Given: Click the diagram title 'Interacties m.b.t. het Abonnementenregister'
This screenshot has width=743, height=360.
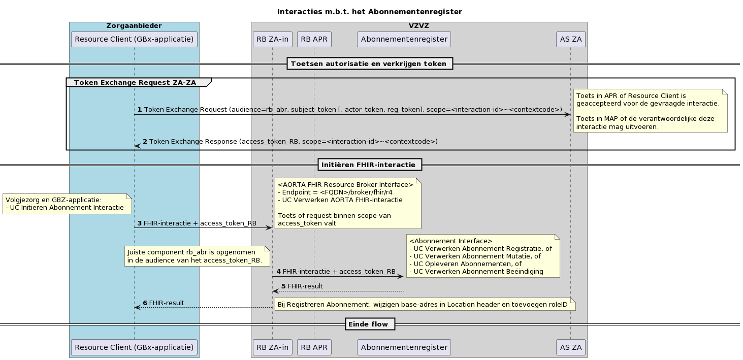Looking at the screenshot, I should tap(369, 11).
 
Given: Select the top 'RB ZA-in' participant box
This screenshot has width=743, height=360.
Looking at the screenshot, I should tap(272, 39).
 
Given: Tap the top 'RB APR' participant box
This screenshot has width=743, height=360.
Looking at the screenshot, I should tap(314, 39).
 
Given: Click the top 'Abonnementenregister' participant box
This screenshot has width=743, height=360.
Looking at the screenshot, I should tap(404, 39).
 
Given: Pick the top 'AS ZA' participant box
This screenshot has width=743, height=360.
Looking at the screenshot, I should tap(570, 39).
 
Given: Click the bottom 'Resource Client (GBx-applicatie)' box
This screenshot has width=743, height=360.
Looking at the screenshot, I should tap(134, 347).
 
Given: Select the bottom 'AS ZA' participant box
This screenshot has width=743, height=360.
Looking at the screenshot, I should tap(570, 347).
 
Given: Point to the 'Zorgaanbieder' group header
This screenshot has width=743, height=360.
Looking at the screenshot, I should tap(134, 25).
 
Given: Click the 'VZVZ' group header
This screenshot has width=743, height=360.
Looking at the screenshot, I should tap(418, 25).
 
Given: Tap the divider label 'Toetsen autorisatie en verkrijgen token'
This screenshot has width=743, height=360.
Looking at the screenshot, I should tap(369, 63).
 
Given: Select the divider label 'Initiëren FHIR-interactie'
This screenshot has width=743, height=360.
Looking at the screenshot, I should tap(369, 165).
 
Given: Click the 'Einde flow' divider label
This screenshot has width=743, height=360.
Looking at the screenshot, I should tap(369, 324).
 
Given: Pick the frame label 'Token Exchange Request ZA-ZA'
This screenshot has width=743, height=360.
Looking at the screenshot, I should tap(135, 82).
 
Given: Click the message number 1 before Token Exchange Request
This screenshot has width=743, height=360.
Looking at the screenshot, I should tap(140, 110).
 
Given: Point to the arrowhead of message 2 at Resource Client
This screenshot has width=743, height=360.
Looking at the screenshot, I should tap(137, 146).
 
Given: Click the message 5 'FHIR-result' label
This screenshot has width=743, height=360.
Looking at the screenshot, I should tap(305, 286).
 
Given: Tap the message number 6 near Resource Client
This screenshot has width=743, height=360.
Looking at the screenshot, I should tap(145, 303).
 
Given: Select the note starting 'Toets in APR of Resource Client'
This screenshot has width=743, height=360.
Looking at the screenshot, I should tap(650, 111).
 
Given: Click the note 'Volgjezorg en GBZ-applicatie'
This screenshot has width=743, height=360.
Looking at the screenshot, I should tap(67, 204).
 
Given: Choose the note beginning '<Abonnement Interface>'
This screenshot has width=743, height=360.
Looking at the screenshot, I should tap(482, 256).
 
